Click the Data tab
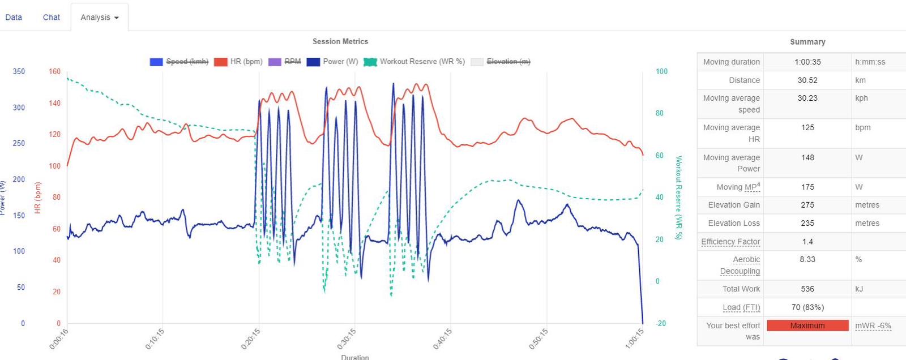(x=14, y=18)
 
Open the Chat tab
(x=51, y=18)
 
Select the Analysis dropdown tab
(x=99, y=18)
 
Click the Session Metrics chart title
(x=340, y=41)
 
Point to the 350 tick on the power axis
(x=19, y=72)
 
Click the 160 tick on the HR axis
(x=54, y=72)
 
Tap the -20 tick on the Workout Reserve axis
(x=661, y=323)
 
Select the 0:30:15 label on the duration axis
(x=347, y=339)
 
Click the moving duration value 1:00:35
(x=807, y=62)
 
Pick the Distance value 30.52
(x=807, y=80)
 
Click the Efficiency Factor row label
(x=730, y=242)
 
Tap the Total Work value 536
(x=807, y=289)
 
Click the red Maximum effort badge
(x=807, y=325)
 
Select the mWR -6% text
(x=873, y=325)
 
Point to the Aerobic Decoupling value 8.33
(x=807, y=259)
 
